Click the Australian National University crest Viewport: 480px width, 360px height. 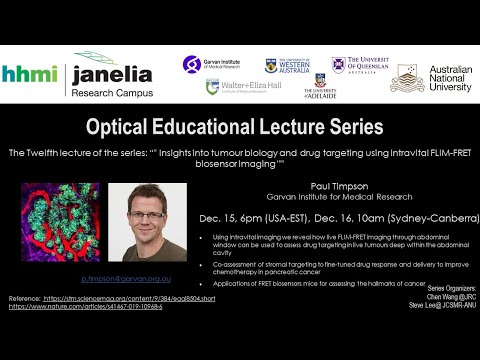[407, 78]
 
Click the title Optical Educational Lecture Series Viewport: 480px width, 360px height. [240, 128]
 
